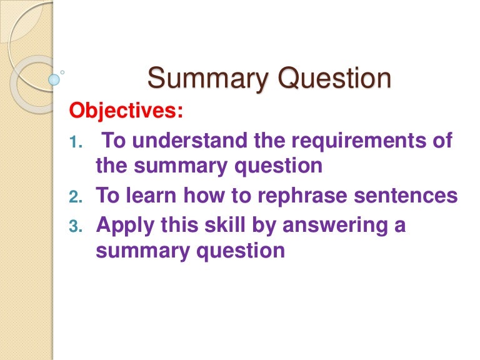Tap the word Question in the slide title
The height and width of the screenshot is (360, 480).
[x=335, y=80]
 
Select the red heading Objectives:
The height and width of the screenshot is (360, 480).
[x=126, y=111]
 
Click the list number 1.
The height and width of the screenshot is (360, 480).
[x=75, y=142]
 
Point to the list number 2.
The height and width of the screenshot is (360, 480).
[x=75, y=197]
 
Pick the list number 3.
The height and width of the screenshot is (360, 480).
[x=75, y=226]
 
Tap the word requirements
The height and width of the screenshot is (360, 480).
[x=353, y=141]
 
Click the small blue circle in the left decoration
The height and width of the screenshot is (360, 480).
[x=54, y=79]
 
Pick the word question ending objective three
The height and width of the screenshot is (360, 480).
[x=242, y=251]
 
